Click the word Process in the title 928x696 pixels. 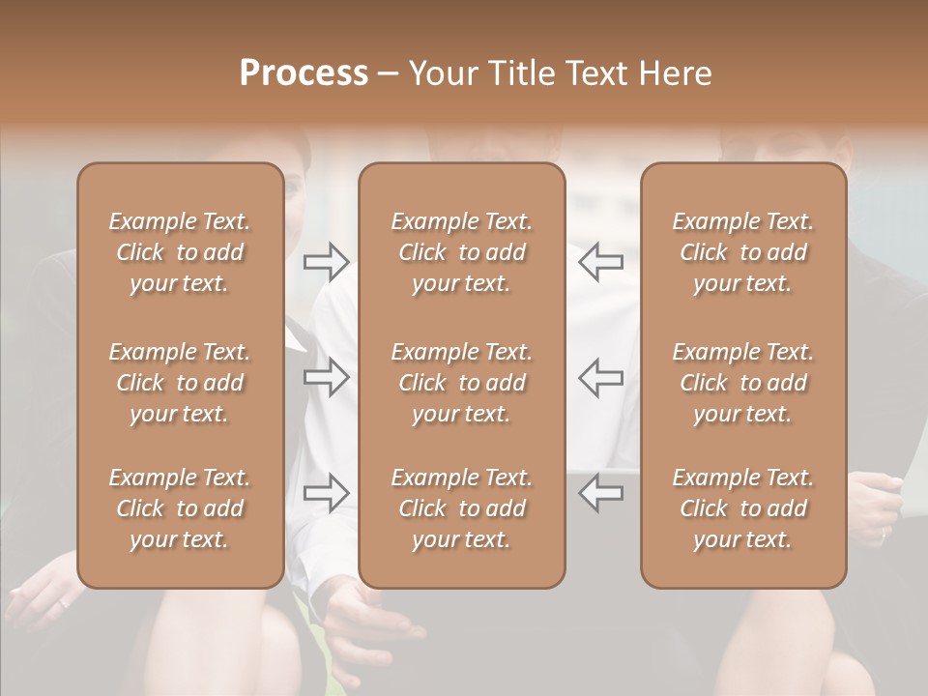click(x=304, y=73)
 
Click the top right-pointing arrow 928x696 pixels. click(x=327, y=261)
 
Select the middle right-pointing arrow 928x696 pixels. click(x=327, y=377)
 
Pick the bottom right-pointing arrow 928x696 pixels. click(x=327, y=492)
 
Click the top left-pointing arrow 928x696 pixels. click(x=601, y=261)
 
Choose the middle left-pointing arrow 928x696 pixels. click(x=601, y=377)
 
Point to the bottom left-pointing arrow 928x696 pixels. click(x=601, y=492)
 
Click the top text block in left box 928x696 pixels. click(x=180, y=252)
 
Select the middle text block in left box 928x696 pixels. click(x=180, y=383)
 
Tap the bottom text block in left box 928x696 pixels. click(x=180, y=508)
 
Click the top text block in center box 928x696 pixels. click(x=462, y=252)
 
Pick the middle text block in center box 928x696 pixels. click(x=462, y=383)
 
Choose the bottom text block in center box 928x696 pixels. click(x=462, y=508)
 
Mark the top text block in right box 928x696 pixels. click(x=743, y=252)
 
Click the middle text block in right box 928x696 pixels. click(x=743, y=383)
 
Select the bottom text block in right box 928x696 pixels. click(x=743, y=508)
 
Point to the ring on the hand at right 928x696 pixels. click(x=884, y=532)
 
